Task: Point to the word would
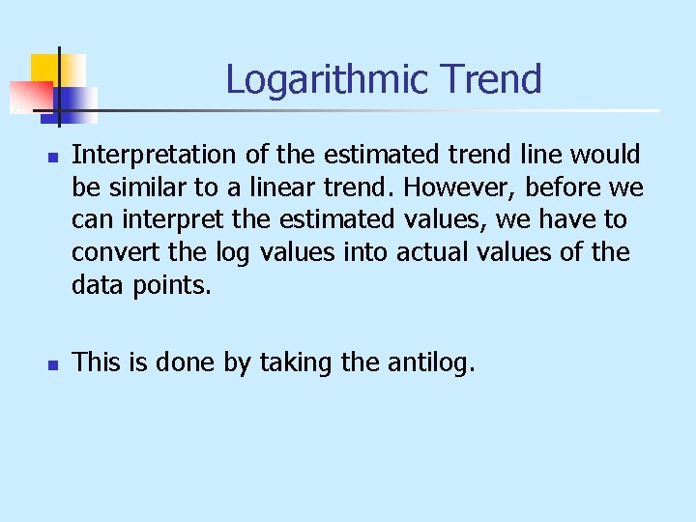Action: coord(606,155)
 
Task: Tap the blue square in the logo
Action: coord(77,101)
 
